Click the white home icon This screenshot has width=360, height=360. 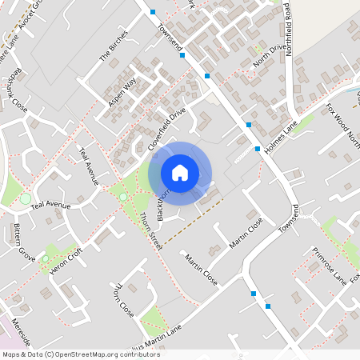[x=180, y=172]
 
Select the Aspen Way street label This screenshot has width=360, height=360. [x=118, y=90]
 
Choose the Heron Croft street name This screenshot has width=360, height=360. [x=66, y=256]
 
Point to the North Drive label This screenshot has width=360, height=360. [x=269, y=55]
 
